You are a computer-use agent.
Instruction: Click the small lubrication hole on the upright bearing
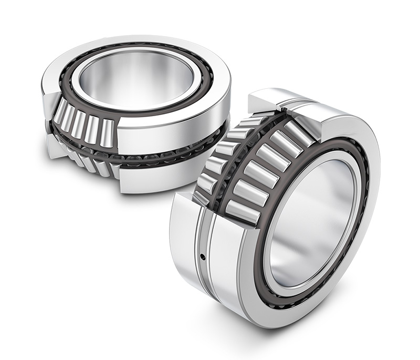point(202,256)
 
